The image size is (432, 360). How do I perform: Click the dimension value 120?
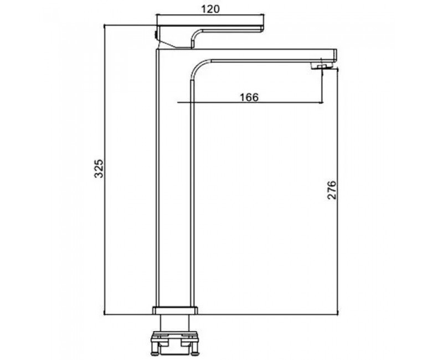pyautogui.click(x=210, y=9)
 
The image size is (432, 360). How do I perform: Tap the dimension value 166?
pyautogui.click(x=249, y=97)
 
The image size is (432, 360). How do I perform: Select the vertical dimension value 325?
pyautogui.click(x=99, y=168)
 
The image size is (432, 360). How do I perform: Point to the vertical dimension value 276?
pyautogui.click(x=332, y=190)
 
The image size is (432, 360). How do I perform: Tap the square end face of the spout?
pyautogui.click(x=335, y=55)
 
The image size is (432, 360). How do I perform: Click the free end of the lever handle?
pyautogui.click(x=262, y=28)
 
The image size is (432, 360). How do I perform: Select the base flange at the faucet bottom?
pyautogui.click(x=175, y=310)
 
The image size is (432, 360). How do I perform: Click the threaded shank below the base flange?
pyautogui.click(x=175, y=323)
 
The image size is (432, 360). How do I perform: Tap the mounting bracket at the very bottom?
pyautogui.click(x=175, y=343)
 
